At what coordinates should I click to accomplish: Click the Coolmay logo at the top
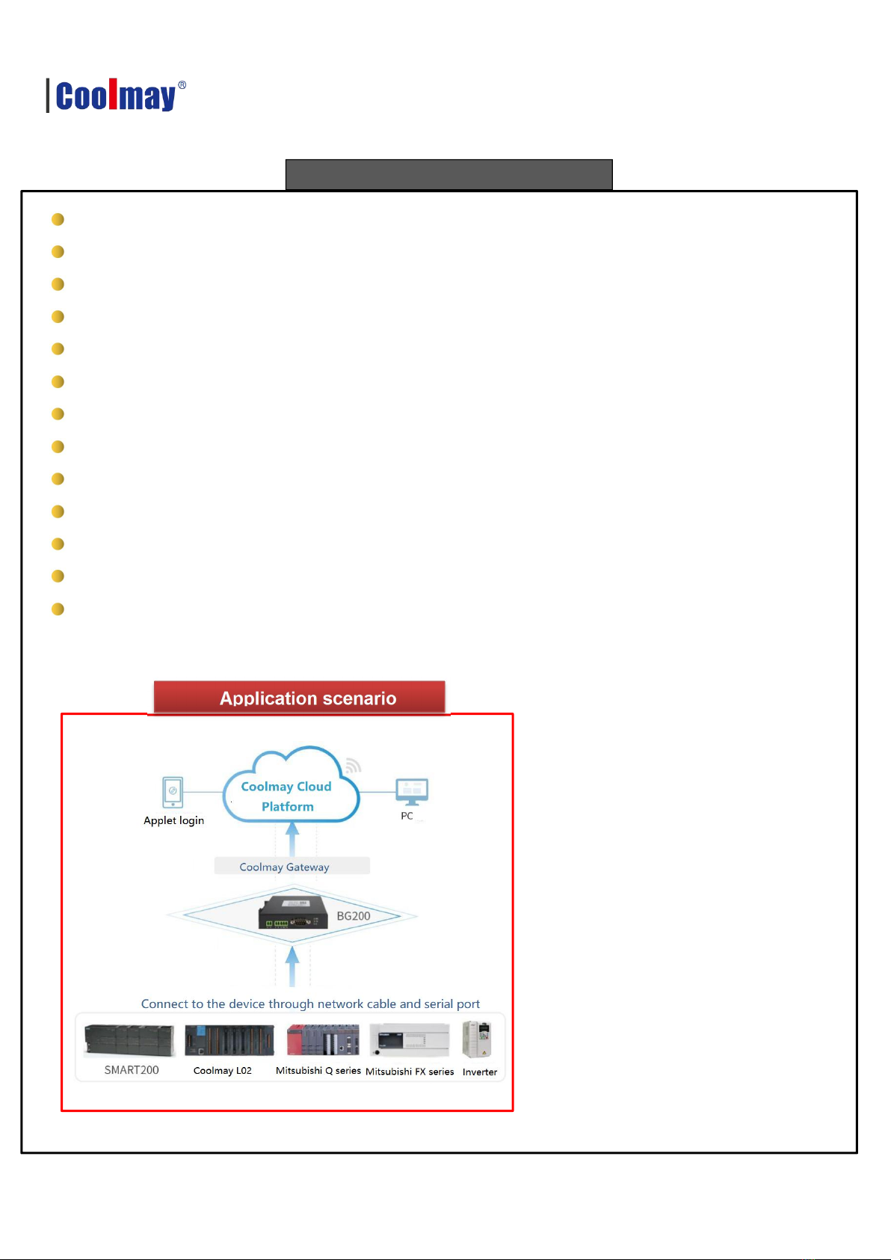coord(116,96)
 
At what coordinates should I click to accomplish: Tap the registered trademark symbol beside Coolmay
coord(182,85)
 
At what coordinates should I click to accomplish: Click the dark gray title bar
coord(448,174)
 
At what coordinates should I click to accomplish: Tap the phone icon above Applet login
coord(173,792)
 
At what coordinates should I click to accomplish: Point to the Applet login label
coord(173,820)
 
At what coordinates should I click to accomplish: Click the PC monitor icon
coord(412,791)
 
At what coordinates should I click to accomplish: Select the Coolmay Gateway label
coord(284,867)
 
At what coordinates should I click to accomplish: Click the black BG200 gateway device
coord(293,912)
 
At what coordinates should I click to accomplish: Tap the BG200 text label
coord(354,916)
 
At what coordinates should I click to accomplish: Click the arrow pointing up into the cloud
coord(292,838)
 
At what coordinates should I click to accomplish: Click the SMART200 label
coord(132,1070)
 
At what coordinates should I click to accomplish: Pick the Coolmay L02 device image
coord(229,1040)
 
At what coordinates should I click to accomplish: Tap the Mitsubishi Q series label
coord(318,1071)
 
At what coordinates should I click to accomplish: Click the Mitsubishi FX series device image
coord(409,1040)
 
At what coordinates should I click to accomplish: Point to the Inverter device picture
coord(477,1040)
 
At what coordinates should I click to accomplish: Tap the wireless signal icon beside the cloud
coord(353,765)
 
